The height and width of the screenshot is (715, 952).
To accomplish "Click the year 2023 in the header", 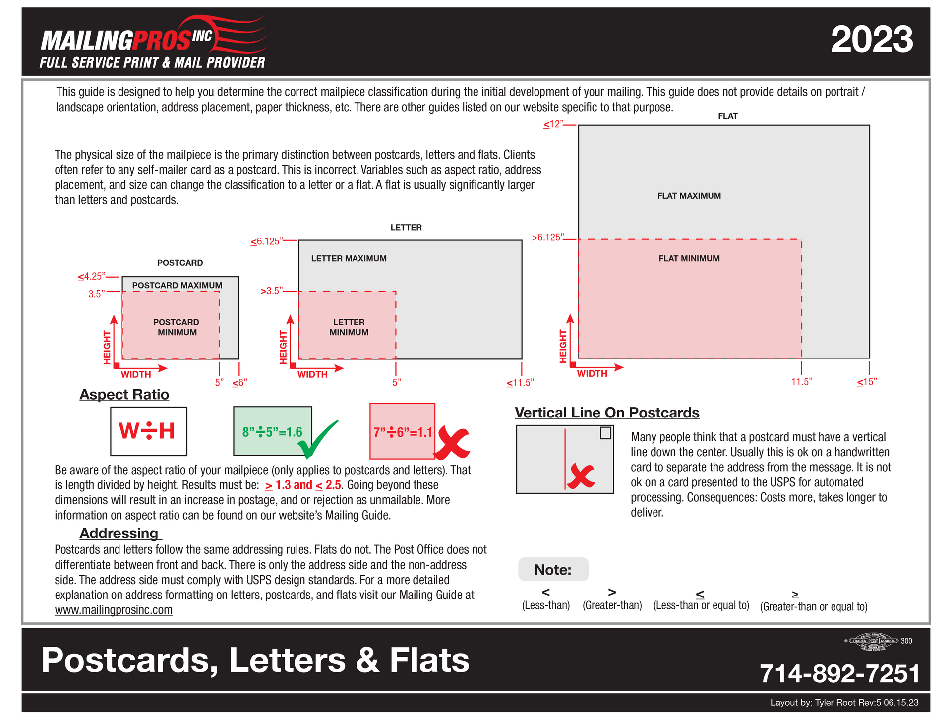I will pyautogui.click(x=871, y=40).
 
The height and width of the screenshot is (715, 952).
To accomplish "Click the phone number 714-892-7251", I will pyautogui.click(x=839, y=673).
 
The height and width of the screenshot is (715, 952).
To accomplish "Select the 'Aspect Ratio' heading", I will pyautogui.click(x=124, y=394).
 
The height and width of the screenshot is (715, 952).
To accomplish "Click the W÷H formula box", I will pyautogui.click(x=148, y=431).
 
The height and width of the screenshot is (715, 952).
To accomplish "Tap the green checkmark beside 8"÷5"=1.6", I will pyautogui.click(x=317, y=439).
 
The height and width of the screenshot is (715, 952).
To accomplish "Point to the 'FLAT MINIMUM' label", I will pyautogui.click(x=689, y=258).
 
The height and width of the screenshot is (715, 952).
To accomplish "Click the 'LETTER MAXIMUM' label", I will pyautogui.click(x=349, y=258).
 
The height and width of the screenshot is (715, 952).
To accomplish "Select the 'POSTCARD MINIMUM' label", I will pyautogui.click(x=177, y=327).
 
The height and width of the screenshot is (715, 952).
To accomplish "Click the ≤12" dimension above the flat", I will pyautogui.click(x=554, y=124).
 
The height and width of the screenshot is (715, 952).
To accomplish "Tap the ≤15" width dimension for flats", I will pyautogui.click(x=866, y=382).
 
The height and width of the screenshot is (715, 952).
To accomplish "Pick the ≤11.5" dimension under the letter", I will pyautogui.click(x=519, y=383).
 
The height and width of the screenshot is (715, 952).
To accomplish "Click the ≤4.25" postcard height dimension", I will pyautogui.click(x=91, y=276).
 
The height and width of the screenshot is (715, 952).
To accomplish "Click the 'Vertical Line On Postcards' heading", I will pyautogui.click(x=606, y=413).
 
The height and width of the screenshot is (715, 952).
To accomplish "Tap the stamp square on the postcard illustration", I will pyautogui.click(x=605, y=433).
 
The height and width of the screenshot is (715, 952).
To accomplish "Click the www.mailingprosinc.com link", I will pyautogui.click(x=114, y=610).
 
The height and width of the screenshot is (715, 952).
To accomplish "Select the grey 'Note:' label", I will pyautogui.click(x=553, y=570).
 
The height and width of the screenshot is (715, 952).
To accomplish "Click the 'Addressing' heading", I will pyautogui.click(x=119, y=533).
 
